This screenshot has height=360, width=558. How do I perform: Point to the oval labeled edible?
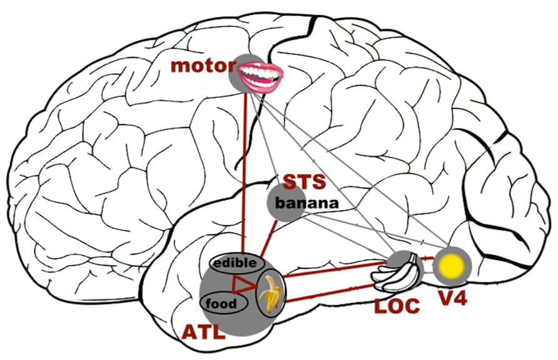[x=235, y=263]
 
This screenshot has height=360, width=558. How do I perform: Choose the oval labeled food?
[x=221, y=304]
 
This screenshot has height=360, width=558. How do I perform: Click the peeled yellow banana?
[x=271, y=293]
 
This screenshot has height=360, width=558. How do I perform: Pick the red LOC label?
[x=397, y=306]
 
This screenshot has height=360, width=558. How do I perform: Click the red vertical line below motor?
[x=243, y=169]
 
